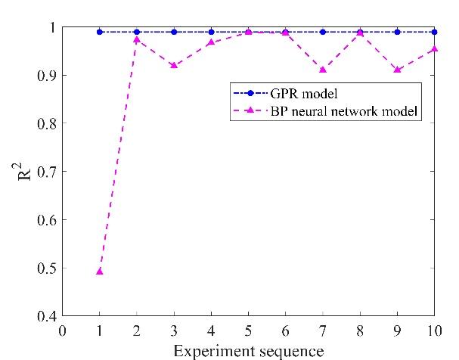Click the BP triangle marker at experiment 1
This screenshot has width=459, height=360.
(x=99, y=271)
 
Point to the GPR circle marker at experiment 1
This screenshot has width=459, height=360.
(x=99, y=32)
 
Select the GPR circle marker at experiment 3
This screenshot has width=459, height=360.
(x=174, y=32)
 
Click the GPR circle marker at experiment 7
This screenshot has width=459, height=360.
(x=323, y=32)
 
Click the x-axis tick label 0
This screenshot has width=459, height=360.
(x=62, y=331)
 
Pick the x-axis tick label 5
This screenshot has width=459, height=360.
(x=248, y=331)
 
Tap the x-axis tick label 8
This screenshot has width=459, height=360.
(x=360, y=331)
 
